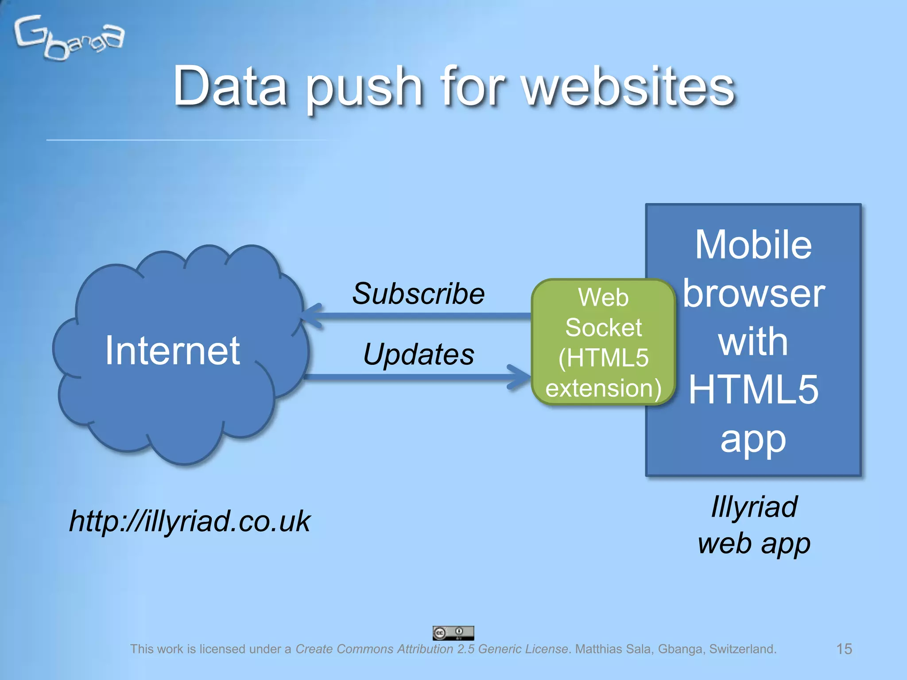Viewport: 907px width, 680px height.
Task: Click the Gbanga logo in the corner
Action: (69, 38)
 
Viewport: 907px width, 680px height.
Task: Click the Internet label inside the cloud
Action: (172, 350)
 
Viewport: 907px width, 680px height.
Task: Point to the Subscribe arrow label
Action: (418, 294)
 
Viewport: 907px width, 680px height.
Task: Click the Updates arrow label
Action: (419, 354)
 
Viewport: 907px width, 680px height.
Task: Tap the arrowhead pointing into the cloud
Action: (312, 316)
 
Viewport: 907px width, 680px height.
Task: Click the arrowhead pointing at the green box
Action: (519, 377)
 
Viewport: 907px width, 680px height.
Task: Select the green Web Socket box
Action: (603, 342)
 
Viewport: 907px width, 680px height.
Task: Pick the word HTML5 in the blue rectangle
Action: (753, 390)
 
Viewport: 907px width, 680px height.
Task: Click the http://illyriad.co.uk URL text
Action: (190, 521)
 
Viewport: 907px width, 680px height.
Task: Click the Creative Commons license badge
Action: (453, 633)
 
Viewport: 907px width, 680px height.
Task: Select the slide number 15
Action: (844, 649)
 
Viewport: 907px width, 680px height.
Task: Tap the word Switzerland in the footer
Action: (743, 649)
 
